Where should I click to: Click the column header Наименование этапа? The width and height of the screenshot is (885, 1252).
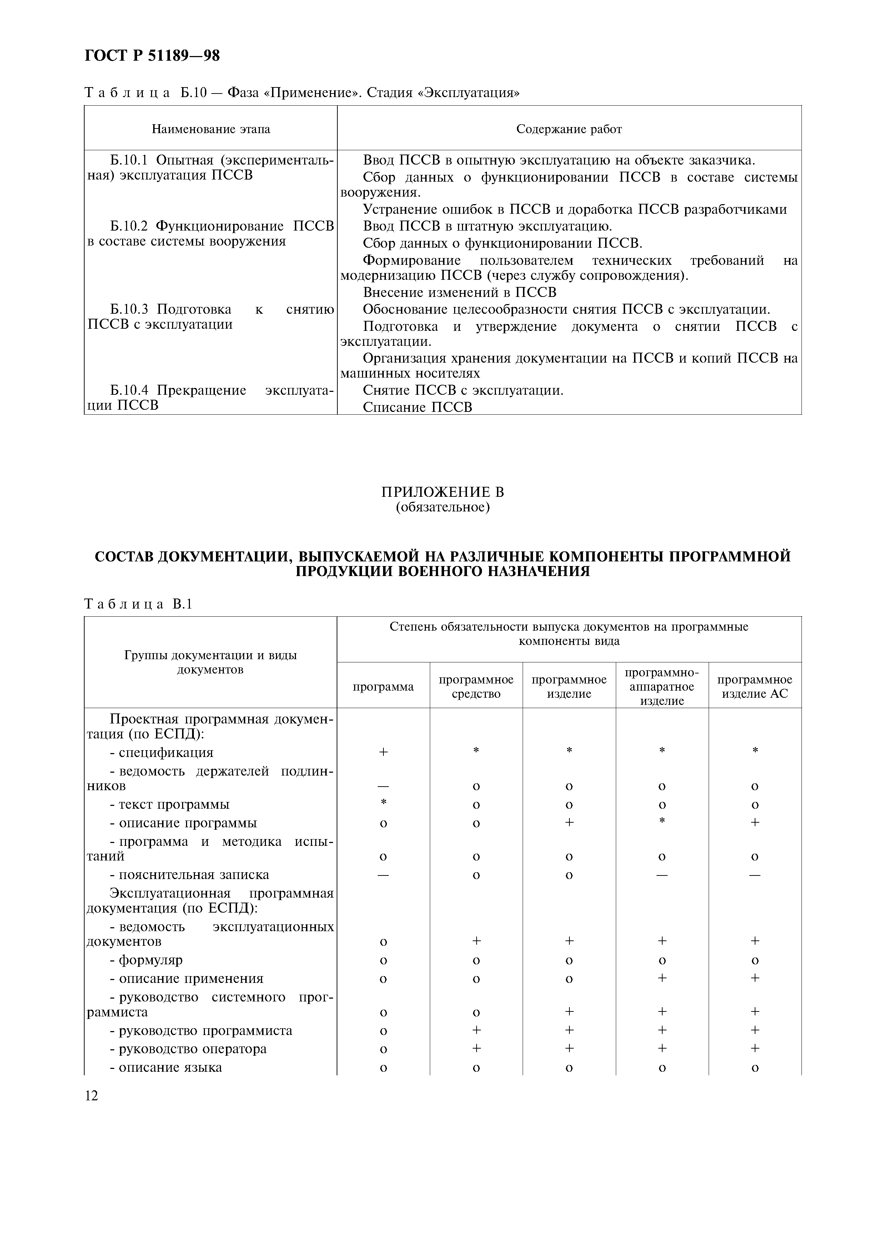click(x=211, y=129)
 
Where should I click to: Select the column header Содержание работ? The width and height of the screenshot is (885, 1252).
click(x=569, y=129)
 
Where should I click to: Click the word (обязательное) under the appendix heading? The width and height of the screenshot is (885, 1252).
click(x=442, y=508)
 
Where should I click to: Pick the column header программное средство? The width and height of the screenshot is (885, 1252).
click(x=476, y=687)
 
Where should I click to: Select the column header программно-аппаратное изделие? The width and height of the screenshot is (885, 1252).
click(x=662, y=687)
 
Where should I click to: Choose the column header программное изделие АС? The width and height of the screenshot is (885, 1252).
click(x=755, y=687)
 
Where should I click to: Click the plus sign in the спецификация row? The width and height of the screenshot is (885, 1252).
click(x=383, y=752)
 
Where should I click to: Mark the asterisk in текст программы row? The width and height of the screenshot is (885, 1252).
click(x=383, y=802)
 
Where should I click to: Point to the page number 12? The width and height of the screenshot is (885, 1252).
click(x=91, y=1096)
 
